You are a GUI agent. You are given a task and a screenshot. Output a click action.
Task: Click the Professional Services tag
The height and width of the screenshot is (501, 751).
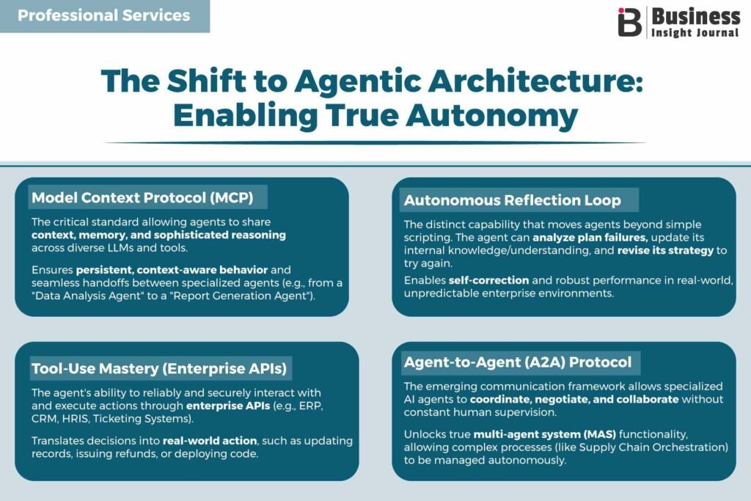pos(104,16)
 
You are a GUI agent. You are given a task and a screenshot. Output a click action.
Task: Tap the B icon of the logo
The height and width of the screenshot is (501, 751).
pos(629,23)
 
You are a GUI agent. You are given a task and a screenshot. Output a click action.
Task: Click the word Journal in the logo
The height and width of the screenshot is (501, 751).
pos(717,32)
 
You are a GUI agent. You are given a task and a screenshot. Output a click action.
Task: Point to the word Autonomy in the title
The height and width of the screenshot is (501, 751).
pos(492,117)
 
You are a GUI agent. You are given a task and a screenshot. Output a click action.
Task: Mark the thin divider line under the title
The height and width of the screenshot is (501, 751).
pos(375,143)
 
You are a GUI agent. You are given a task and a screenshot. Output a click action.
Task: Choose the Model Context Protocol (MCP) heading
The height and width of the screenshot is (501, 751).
pos(143,197)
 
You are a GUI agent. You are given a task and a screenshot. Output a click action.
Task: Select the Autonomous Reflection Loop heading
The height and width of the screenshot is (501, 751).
pos(513,200)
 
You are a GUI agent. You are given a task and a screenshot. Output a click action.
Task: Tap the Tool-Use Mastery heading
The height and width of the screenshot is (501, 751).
pos(159,368)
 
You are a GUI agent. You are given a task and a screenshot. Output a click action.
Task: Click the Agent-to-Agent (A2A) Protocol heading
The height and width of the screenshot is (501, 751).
pos(518,362)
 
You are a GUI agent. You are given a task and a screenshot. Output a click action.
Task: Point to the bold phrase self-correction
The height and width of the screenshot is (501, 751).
pos(488,280)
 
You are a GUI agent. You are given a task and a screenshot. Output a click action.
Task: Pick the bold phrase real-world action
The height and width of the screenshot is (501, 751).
pos(210,441)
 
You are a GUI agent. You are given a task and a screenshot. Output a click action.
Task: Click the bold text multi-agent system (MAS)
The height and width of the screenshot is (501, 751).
pos(545,434)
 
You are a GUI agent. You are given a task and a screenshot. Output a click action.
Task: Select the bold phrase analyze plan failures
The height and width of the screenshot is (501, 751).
pos(589,238)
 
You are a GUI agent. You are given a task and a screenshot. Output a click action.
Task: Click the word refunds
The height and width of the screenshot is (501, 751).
pos(138,453)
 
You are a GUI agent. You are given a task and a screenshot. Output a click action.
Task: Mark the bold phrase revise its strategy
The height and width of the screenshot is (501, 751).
pos(665,251)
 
